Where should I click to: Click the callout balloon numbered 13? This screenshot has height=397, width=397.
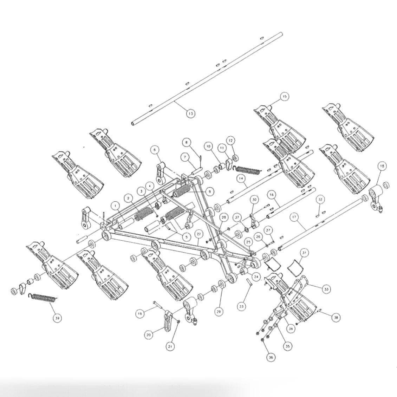pos(190,113)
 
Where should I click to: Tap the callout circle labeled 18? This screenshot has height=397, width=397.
pos(383,166)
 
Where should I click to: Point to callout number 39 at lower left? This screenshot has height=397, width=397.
pos(57,318)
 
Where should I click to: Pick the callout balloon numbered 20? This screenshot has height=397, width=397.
pos(148,335)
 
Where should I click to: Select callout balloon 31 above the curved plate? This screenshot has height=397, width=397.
pos(304,252)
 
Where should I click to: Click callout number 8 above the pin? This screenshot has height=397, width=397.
pos(187,142)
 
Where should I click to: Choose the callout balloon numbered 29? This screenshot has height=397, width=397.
pos(219,311)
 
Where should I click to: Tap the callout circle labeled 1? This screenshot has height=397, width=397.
pos(114,204)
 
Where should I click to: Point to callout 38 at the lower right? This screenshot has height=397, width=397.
pos(336,318)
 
